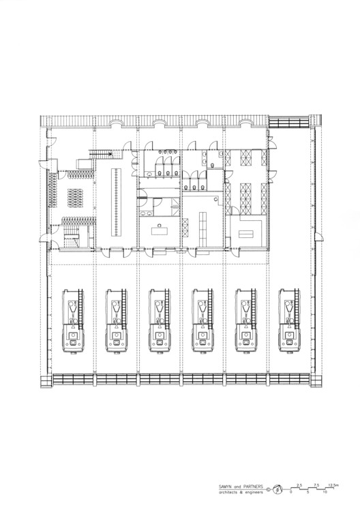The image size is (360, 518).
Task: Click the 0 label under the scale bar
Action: [291, 492]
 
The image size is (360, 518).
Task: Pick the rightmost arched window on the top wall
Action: [245, 123]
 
